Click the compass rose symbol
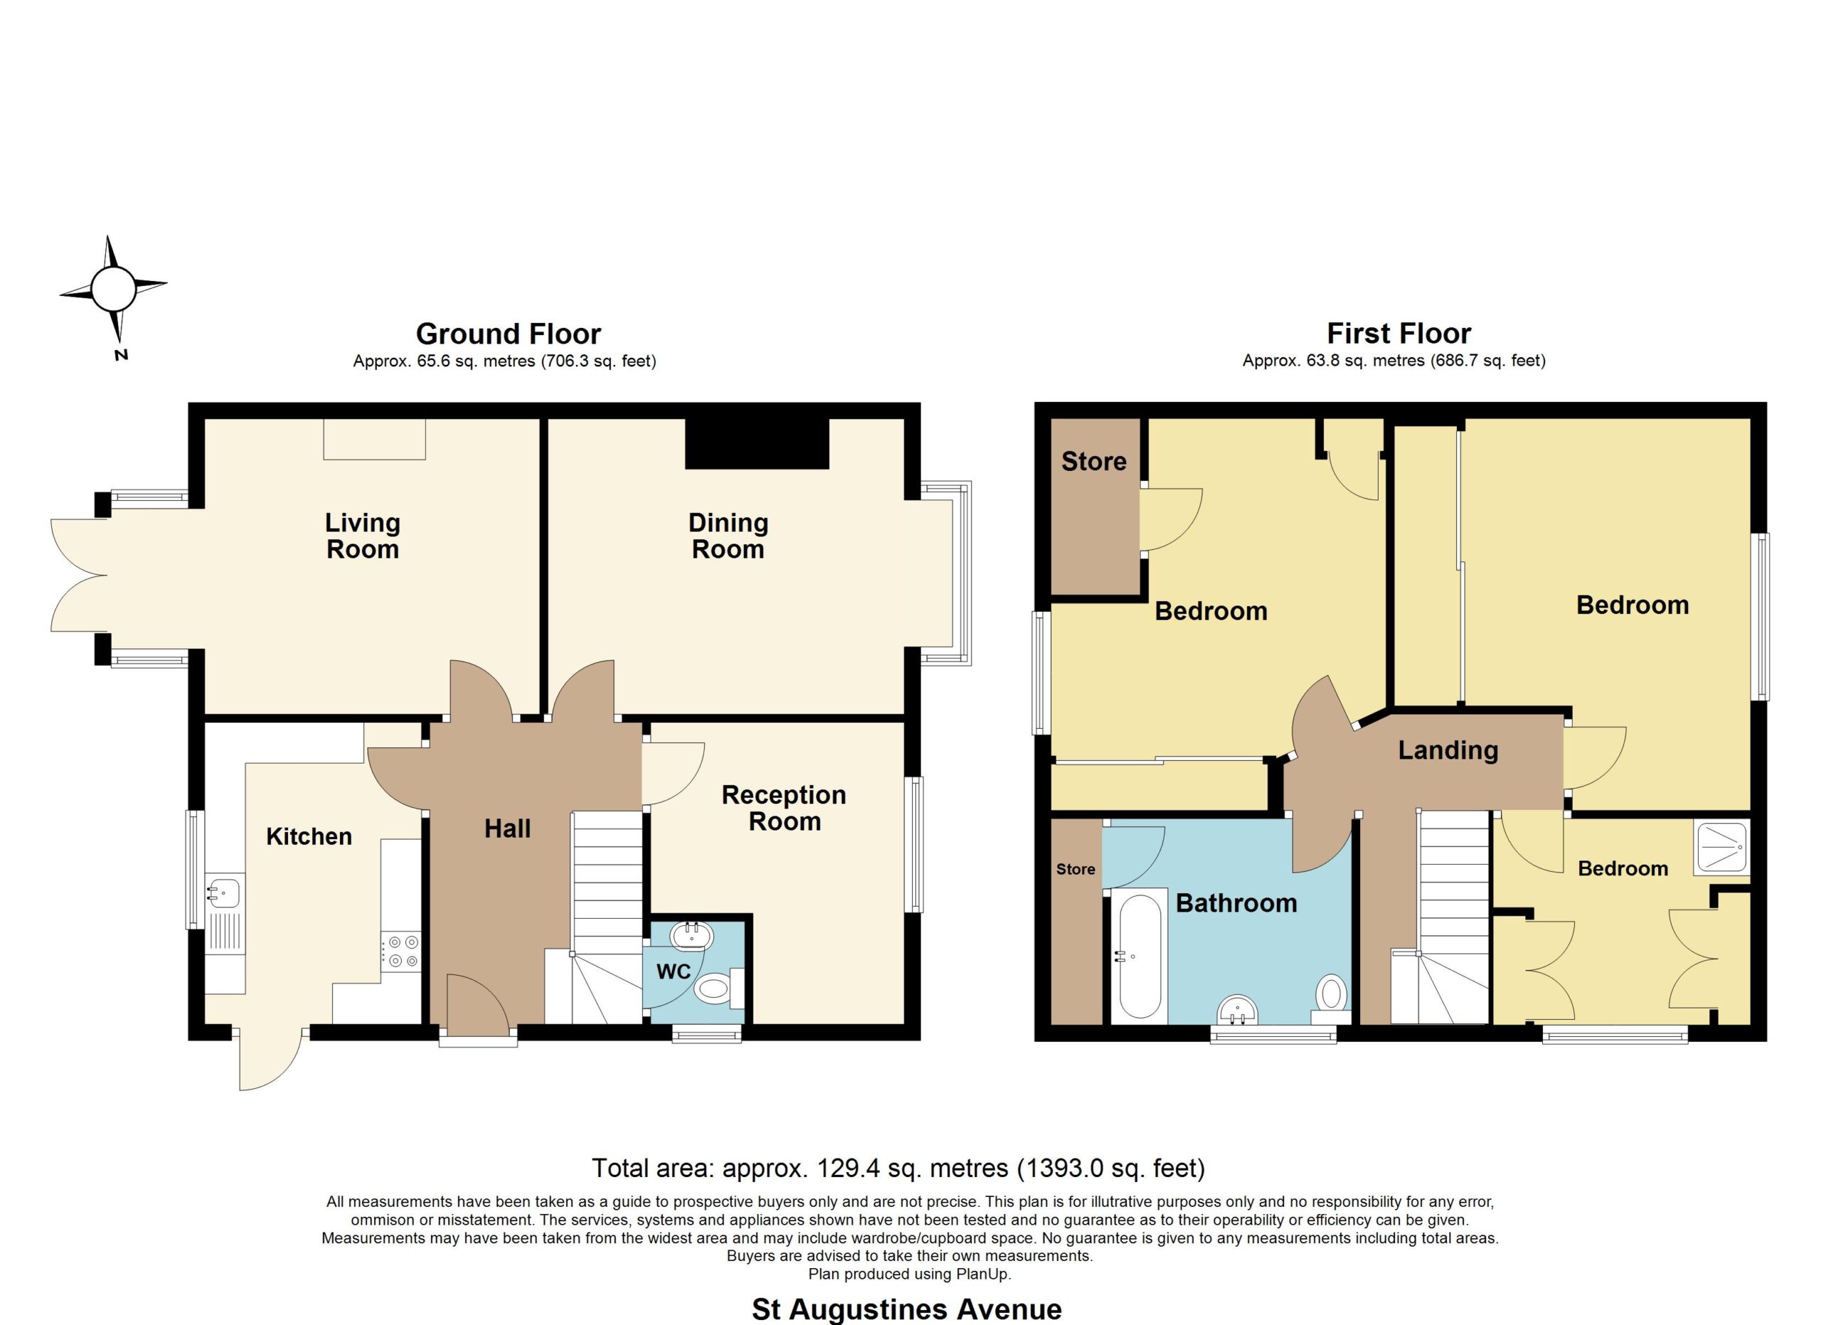coord(112,290)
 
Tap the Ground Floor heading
coord(508,333)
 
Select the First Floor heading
coord(1398,332)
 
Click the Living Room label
coord(363,536)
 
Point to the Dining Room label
coord(728,536)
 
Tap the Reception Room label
coord(784,808)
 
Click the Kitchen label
coord(309,836)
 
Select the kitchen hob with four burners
coord(400,951)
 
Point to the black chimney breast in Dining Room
coord(756,443)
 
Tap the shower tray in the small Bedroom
coord(1721,848)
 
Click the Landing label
coord(1448,750)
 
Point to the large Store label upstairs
coord(1093,461)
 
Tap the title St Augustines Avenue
coord(906,1309)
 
